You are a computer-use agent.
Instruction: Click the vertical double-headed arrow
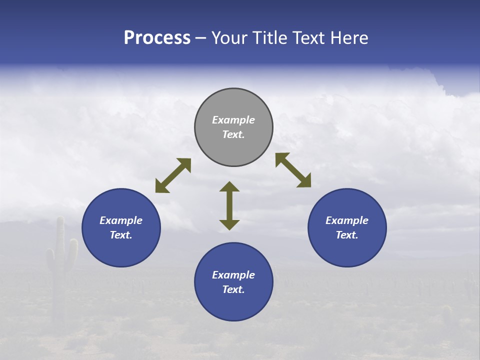point(229,205)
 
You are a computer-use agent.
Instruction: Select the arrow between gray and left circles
point(173,175)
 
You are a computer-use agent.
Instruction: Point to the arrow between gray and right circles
point(293,170)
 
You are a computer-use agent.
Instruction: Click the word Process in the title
point(157,38)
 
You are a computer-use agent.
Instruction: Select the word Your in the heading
point(229,38)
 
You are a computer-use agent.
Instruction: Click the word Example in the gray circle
point(233,120)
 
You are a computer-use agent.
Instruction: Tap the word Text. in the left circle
point(121,235)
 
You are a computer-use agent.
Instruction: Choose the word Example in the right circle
point(347,220)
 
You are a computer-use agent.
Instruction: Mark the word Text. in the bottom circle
point(233,289)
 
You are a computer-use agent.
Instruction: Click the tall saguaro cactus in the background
point(60,260)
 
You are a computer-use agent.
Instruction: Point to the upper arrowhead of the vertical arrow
point(229,187)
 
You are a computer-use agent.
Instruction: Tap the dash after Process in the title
point(201,38)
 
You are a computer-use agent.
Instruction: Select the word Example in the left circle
point(121,220)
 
